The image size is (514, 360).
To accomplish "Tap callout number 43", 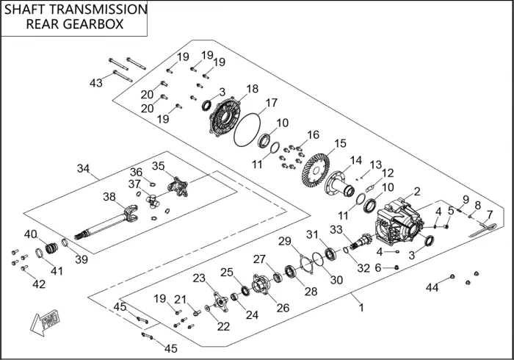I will click(96, 83).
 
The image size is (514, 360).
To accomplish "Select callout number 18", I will click(252, 90).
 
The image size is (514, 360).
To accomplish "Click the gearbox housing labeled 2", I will click(400, 221).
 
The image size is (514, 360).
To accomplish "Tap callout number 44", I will click(432, 287).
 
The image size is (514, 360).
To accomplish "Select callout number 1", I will click(361, 308).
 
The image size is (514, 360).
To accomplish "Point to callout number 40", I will click(30, 234).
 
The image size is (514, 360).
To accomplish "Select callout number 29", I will click(285, 241).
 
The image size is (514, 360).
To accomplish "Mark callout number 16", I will click(314, 134).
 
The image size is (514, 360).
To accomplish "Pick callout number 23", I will click(199, 278).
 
